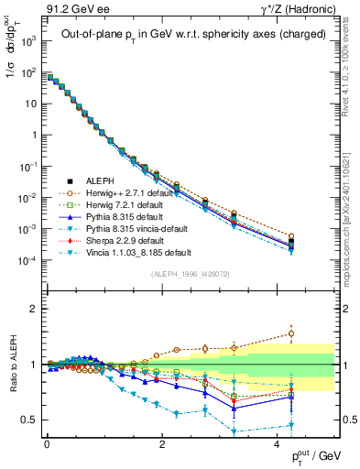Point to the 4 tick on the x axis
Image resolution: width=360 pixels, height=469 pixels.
[x=278, y=442]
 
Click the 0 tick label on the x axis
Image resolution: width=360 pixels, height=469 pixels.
[x=47, y=442]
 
